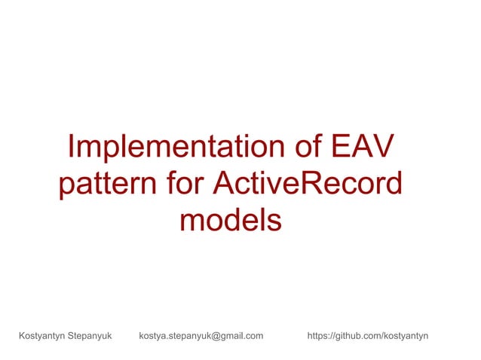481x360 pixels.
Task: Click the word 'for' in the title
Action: pos(184,185)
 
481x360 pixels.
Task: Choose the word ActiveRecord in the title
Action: pos(308,185)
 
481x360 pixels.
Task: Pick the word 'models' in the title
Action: pos(231,221)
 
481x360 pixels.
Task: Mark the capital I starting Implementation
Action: pos(70,148)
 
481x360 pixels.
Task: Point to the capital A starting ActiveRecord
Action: pos(225,185)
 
